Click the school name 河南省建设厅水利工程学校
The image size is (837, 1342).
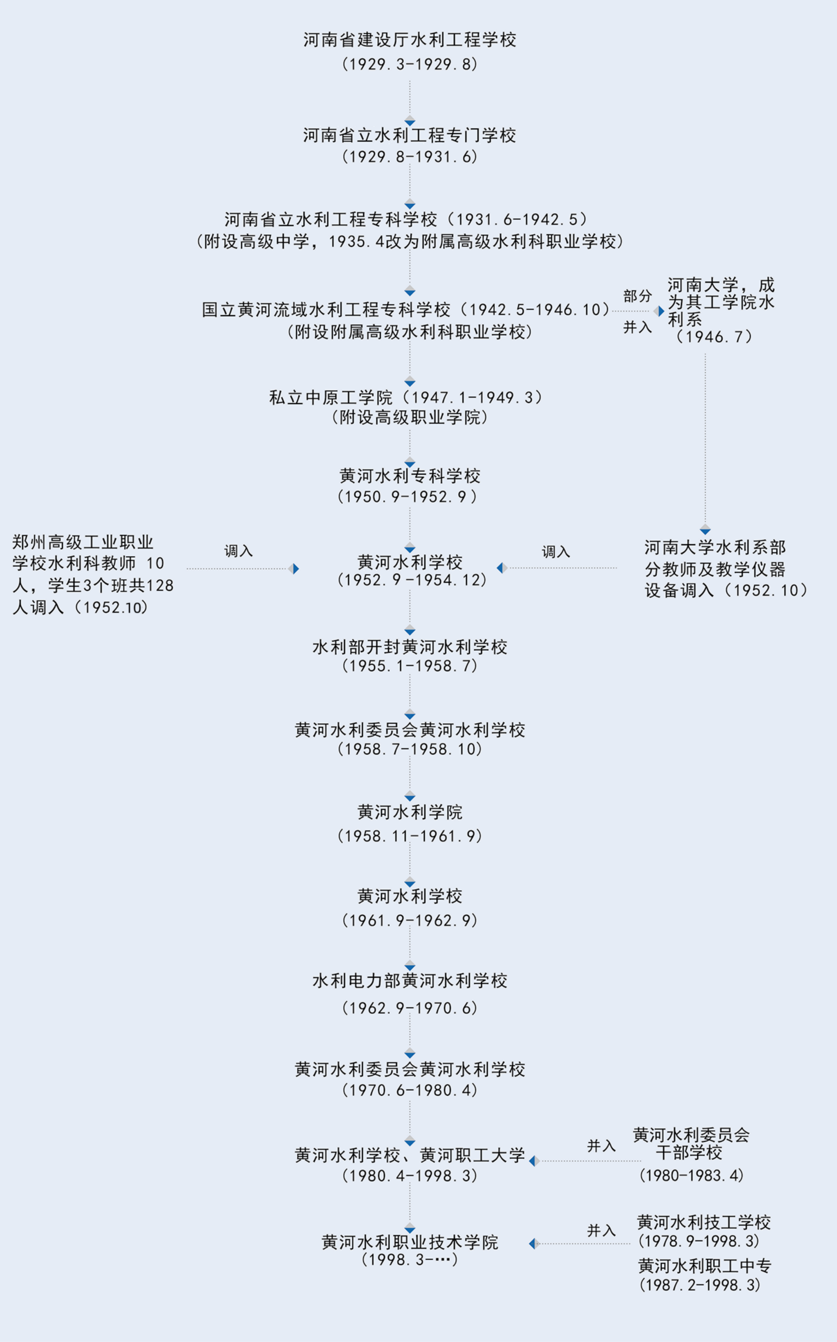coord(410,40)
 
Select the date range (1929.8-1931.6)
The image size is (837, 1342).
coord(410,157)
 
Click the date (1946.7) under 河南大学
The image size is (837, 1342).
coord(714,336)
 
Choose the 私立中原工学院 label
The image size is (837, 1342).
coord(331,397)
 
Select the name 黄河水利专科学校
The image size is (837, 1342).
coord(410,475)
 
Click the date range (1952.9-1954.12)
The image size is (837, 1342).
coord(411,580)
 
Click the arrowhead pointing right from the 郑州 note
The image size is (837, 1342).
coord(295,569)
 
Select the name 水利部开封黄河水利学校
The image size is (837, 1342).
coord(410,647)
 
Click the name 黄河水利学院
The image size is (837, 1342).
coord(410,812)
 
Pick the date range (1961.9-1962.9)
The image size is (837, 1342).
coord(410,920)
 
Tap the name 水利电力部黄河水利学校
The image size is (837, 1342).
coord(410,981)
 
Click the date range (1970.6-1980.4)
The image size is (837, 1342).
coord(410,1090)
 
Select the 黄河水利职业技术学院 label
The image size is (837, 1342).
coord(410,1242)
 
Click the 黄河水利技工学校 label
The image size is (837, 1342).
coord(704,1222)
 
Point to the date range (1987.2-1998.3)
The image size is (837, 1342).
coord(700,1285)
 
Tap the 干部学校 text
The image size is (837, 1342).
coord(689,1153)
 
